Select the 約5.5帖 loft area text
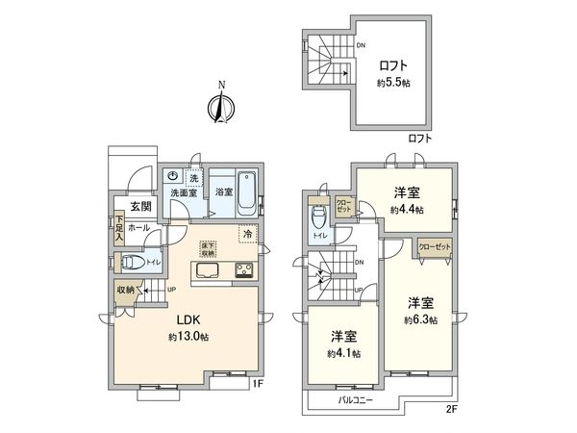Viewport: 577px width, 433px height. click(394, 83)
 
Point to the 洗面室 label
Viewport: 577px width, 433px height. click(184, 192)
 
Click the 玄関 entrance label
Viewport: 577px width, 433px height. click(141, 207)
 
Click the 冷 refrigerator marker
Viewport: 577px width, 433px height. click(248, 234)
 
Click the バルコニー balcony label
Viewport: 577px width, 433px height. click(356, 398)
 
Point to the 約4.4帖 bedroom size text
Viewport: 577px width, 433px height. click(407, 209)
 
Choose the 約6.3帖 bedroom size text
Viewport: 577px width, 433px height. click(420, 319)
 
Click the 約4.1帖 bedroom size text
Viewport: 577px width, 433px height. click(343, 353)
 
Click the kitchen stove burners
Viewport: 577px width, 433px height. click(242, 269)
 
